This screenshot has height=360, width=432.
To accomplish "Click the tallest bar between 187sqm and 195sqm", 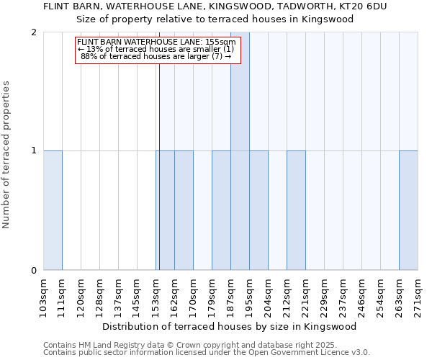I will (240, 151).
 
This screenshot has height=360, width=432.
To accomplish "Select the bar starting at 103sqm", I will (53, 210).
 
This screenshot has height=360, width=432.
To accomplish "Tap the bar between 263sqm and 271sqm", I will (408, 210).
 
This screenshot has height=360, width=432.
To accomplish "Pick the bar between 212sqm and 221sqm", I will (296, 210).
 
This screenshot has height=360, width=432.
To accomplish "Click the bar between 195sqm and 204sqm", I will (258, 210).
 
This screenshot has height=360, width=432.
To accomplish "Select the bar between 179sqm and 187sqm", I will (221, 210).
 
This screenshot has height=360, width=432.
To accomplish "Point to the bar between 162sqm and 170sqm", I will (184, 210).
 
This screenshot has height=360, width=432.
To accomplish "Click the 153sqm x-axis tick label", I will (156, 295).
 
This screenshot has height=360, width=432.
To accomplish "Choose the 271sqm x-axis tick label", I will (418, 295).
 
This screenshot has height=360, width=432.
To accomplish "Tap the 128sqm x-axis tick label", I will (99, 295).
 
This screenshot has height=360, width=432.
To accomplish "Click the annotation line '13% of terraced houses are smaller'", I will (156, 49).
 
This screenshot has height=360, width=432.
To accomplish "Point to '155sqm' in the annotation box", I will (220, 42).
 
